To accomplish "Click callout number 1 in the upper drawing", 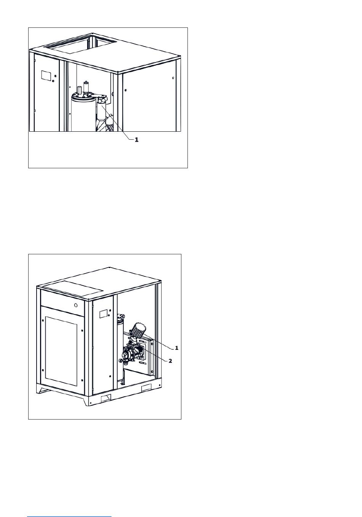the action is coord(136,140).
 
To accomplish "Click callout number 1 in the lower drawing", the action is coord(177,348).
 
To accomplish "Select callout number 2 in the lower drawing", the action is coord(170,361).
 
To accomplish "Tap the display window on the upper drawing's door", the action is coord(46,76).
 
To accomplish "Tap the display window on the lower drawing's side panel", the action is coord(103,314).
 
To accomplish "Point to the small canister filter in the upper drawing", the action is coord(101,112).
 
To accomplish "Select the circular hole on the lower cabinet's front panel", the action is coord(76,305).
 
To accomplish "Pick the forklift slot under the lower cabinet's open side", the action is coord(146,388).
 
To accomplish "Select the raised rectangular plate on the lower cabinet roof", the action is coord(73,289).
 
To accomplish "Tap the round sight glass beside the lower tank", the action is coord(120,361).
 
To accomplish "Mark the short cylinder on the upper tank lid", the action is coord(79,89).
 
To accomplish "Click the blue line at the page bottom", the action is coord(69,516).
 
